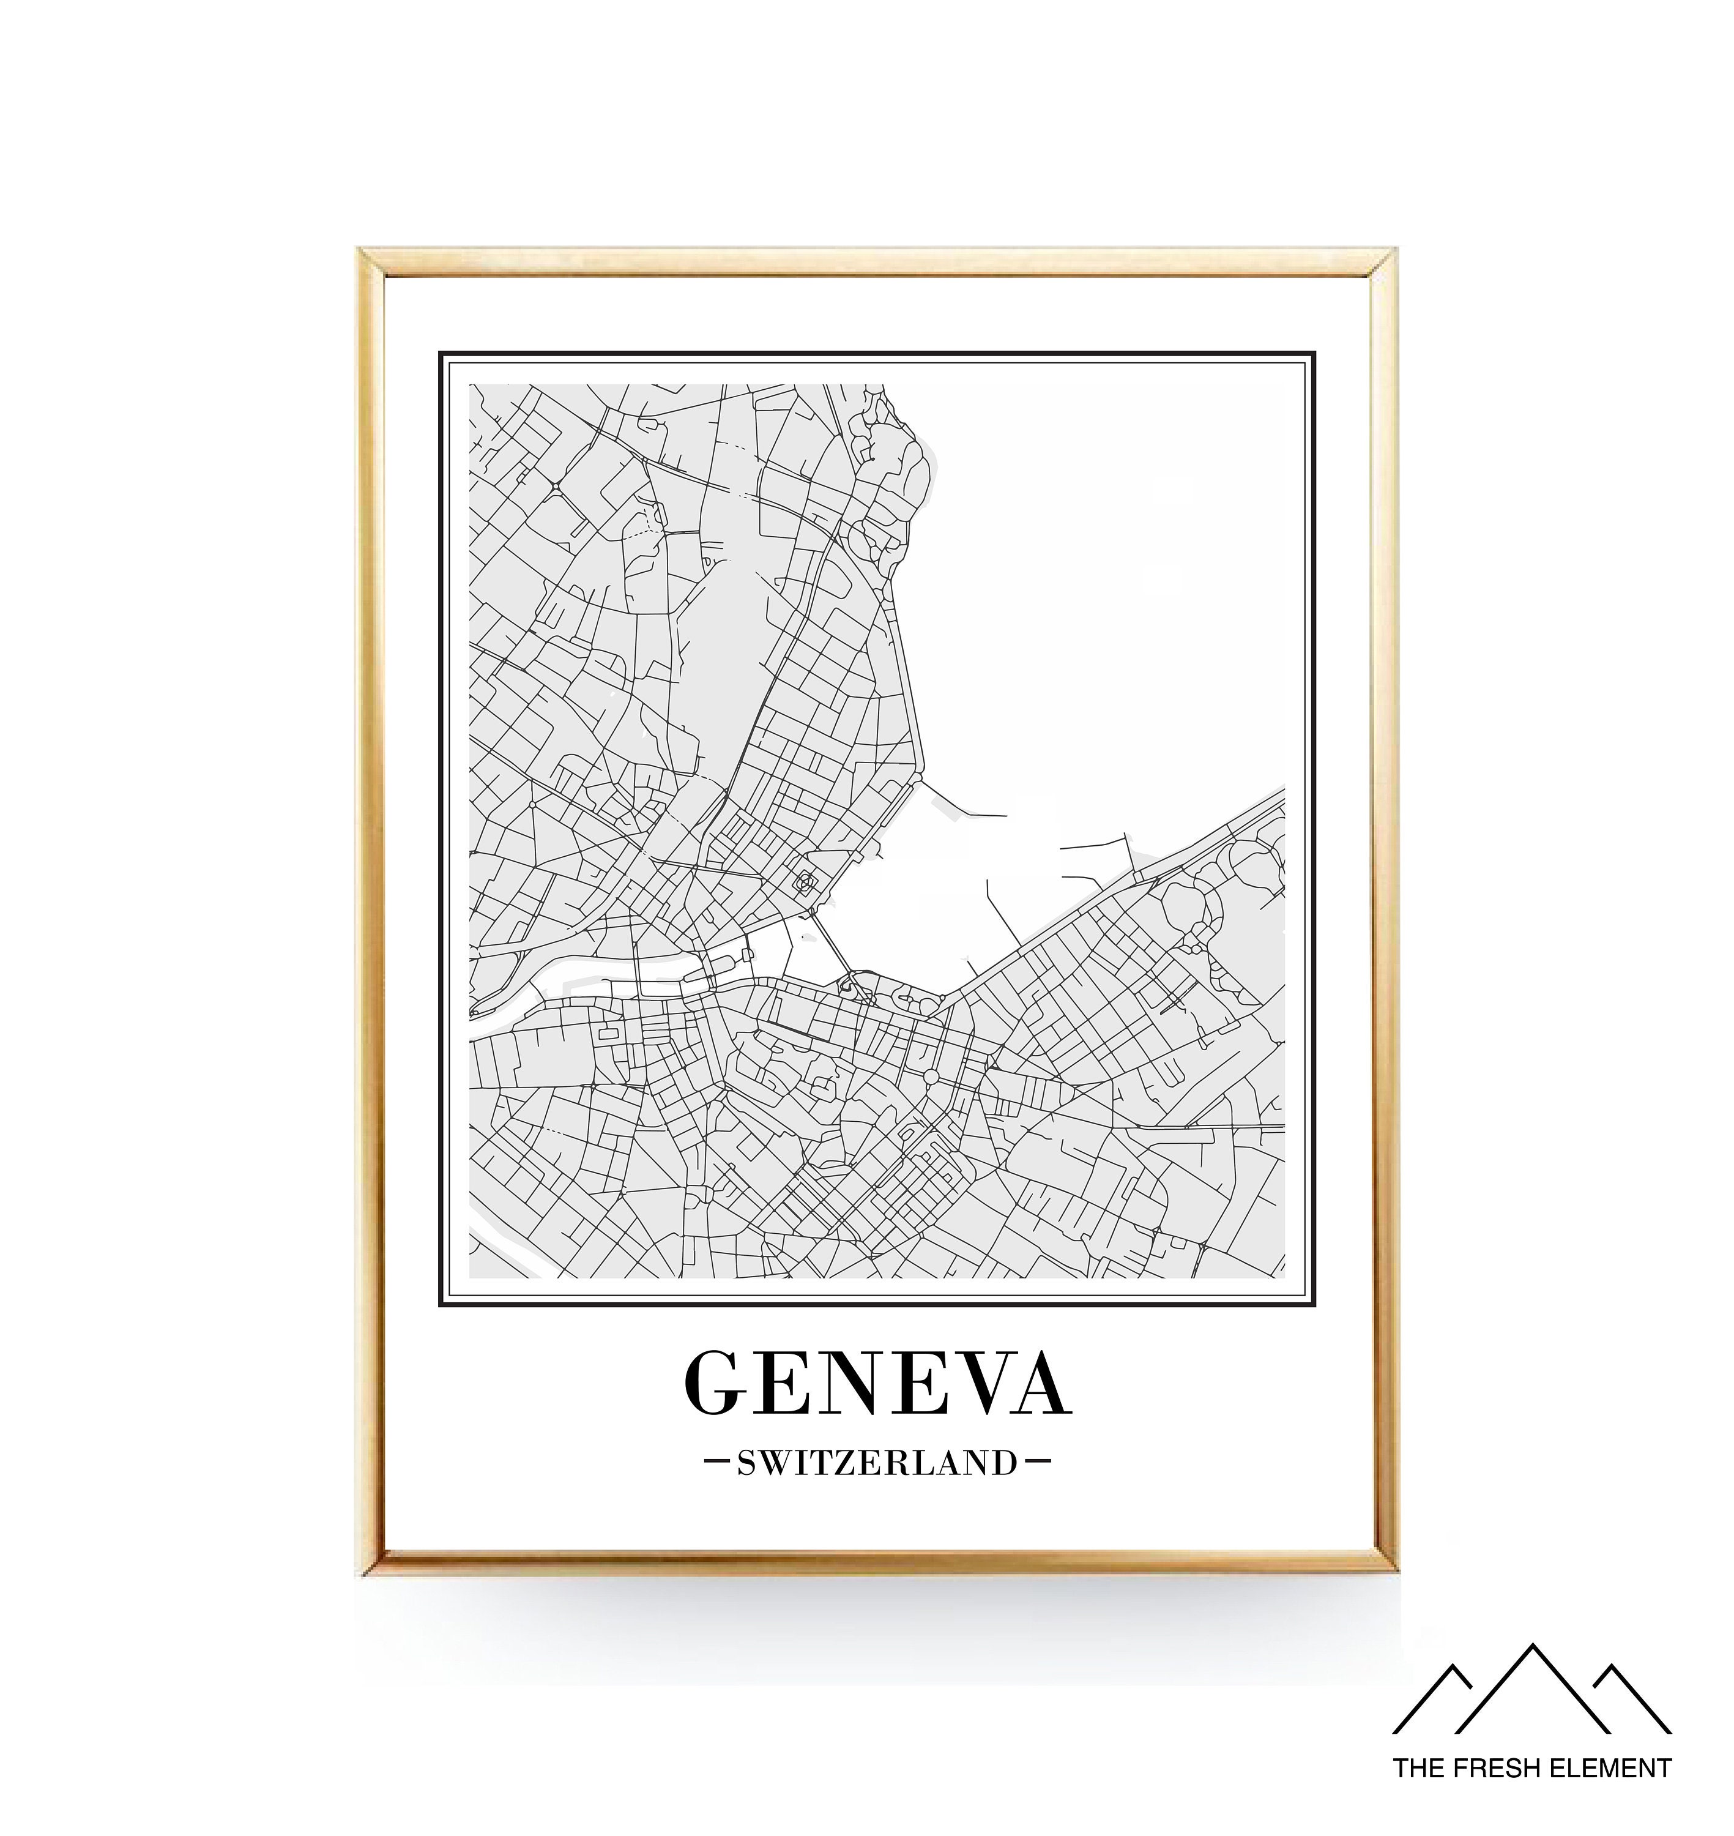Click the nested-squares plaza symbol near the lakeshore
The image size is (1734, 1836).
click(x=806, y=883)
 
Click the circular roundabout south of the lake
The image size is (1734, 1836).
click(x=931, y=1077)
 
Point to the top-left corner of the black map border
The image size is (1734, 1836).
click(x=441, y=353)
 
